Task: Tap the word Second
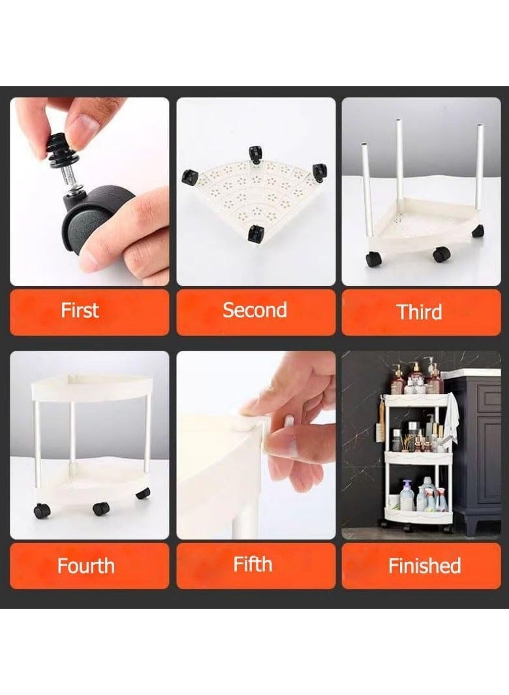pos(254,310)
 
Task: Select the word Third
pos(419,312)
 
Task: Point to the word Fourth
pos(86,566)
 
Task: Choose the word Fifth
pos(253,564)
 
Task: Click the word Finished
pos(424,566)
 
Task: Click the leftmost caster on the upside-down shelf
pos(189,177)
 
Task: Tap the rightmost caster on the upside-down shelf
pos(319,172)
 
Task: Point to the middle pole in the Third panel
pos(399,165)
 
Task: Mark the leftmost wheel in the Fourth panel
pos(42,511)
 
